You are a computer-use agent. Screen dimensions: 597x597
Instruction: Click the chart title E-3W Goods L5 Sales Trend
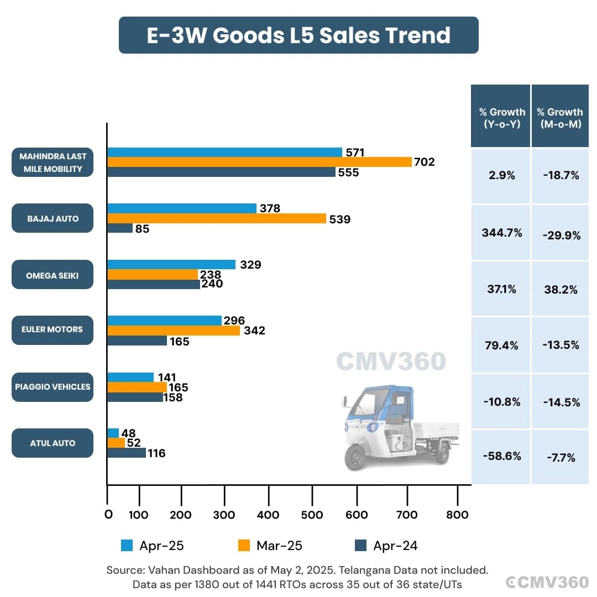coord(298,35)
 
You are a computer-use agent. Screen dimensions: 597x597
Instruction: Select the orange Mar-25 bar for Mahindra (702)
coord(260,162)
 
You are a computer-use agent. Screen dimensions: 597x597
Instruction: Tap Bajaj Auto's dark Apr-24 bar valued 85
coord(120,228)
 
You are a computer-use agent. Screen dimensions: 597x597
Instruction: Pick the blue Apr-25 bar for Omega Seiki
coord(171,265)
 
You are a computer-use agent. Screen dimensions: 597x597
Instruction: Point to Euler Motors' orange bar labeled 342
coord(174,331)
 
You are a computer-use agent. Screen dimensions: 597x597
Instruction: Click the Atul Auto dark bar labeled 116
coord(127,453)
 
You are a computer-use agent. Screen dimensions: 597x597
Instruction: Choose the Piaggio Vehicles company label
coord(53,387)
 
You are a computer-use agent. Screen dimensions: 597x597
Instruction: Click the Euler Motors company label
coord(53,329)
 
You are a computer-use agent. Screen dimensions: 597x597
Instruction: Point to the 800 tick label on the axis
coord(457,515)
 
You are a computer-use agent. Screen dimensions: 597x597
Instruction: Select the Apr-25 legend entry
coord(153,546)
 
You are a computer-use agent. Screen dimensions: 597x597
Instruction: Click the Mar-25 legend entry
coord(270,546)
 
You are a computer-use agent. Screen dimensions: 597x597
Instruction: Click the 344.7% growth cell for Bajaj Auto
coord(502,233)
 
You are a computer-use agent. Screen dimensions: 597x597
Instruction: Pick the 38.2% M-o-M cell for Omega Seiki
coord(561,290)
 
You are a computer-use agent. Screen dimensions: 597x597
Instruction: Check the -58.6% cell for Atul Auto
coord(502,457)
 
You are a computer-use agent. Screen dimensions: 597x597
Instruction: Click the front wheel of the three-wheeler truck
coord(355,458)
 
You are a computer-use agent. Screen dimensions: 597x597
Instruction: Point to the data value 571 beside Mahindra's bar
coord(354,153)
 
